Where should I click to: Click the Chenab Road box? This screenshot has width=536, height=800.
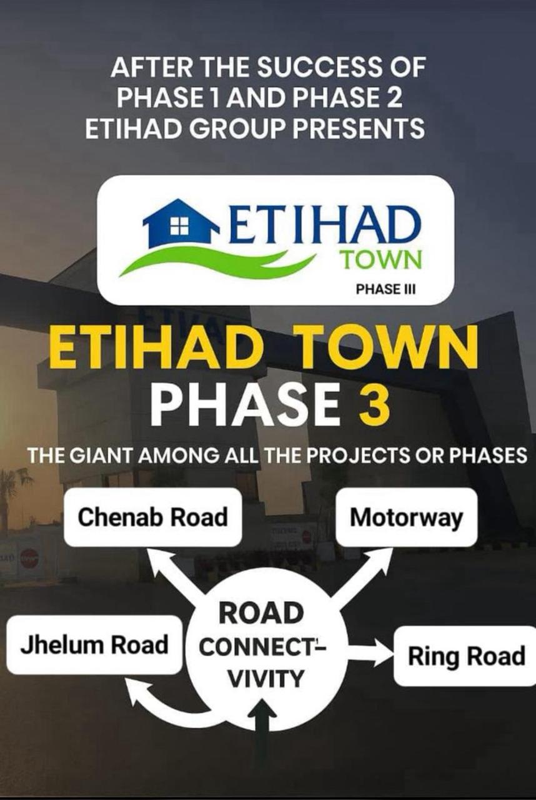tap(152, 517)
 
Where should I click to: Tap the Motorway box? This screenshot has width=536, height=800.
tap(407, 517)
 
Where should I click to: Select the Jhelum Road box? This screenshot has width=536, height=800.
tap(94, 645)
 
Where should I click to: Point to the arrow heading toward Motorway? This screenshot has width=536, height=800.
tap(360, 579)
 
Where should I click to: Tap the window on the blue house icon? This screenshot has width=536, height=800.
tap(178, 226)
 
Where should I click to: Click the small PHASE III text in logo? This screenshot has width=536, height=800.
tap(386, 289)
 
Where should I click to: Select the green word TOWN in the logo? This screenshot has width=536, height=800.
tap(382, 259)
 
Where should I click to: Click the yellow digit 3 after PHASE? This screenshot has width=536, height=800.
tap(374, 407)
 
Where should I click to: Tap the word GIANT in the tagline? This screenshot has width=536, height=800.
tap(102, 456)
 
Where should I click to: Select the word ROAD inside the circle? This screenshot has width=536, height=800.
tap(261, 613)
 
